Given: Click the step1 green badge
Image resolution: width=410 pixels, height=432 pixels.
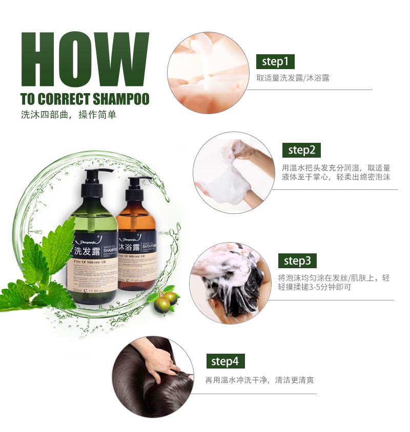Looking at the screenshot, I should [275, 62].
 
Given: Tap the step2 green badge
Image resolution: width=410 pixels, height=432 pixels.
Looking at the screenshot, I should [301, 150].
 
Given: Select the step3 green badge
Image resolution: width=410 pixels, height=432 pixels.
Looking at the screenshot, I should [297, 261].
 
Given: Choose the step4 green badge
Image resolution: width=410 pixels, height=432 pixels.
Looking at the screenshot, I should [225, 361].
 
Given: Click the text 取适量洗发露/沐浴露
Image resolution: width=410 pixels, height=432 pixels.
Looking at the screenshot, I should [293, 78].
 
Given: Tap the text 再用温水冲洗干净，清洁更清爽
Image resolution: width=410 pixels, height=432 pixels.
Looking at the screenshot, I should [259, 380].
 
